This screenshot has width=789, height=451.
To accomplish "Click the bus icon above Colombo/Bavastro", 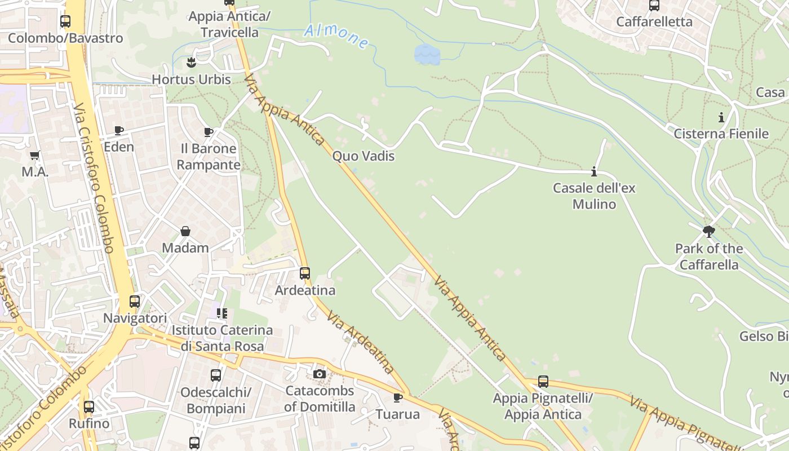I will click(x=65, y=21).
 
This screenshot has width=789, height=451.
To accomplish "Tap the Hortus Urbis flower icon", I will click(x=192, y=62).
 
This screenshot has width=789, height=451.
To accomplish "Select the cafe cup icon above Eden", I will click(x=119, y=131).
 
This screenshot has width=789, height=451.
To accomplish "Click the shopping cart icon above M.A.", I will click(x=35, y=155).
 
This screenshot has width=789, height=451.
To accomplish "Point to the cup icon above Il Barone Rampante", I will click(x=208, y=132).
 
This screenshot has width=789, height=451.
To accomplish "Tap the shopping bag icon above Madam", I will click(x=185, y=231).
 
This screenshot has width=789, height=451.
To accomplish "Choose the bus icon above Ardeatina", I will click(x=305, y=273).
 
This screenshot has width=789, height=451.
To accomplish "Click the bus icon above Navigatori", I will click(x=135, y=302).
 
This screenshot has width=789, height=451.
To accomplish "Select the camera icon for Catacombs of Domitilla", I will click(x=320, y=374).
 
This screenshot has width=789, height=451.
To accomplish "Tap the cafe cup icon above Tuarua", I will click(x=398, y=397).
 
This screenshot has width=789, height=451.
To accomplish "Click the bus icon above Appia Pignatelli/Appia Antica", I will click(x=543, y=382).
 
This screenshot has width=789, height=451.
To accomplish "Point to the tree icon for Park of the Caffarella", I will click(x=709, y=231).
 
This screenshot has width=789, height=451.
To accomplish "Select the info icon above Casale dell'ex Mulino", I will click(x=593, y=171).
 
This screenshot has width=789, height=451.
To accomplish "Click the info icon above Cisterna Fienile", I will click(x=721, y=117).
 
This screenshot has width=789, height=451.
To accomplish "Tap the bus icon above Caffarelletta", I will click(x=654, y=6).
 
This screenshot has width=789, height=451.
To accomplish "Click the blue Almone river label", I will click(x=336, y=36).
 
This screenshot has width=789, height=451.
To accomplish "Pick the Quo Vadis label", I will click(x=364, y=156).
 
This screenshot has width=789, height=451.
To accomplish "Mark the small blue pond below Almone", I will click(x=427, y=55).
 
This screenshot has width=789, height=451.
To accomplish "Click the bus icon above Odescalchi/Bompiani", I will click(x=216, y=375).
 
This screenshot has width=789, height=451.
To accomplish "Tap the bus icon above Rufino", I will click(x=89, y=406).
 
